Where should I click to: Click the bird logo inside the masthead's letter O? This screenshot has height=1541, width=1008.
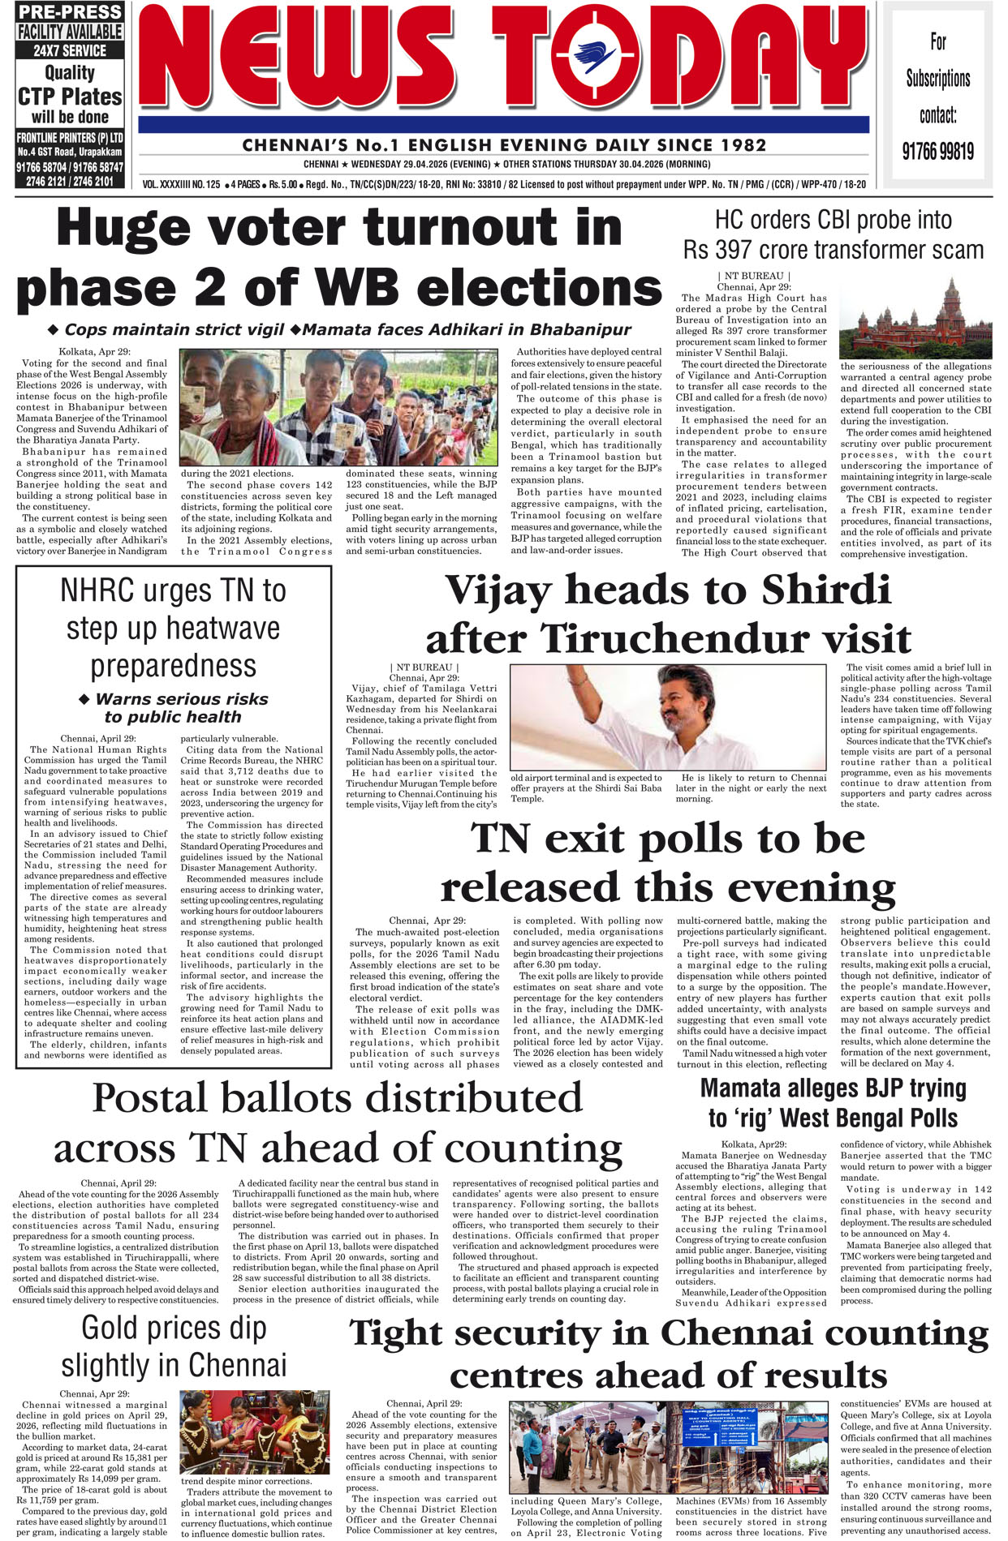[x=596, y=56]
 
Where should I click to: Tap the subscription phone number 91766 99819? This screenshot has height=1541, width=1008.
[x=937, y=151]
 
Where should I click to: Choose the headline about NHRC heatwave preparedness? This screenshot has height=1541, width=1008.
[x=173, y=628]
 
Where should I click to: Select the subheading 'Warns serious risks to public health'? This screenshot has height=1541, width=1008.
[x=173, y=707]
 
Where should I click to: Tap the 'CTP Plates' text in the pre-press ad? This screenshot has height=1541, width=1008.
[x=70, y=97]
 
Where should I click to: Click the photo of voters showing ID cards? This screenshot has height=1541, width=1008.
[x=339, y=408]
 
